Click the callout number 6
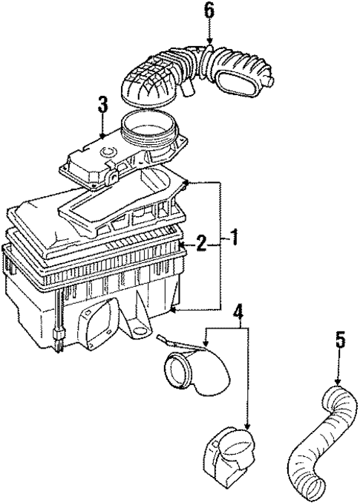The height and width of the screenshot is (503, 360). tap(209, 12)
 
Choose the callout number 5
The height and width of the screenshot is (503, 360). tap(339, 341)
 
